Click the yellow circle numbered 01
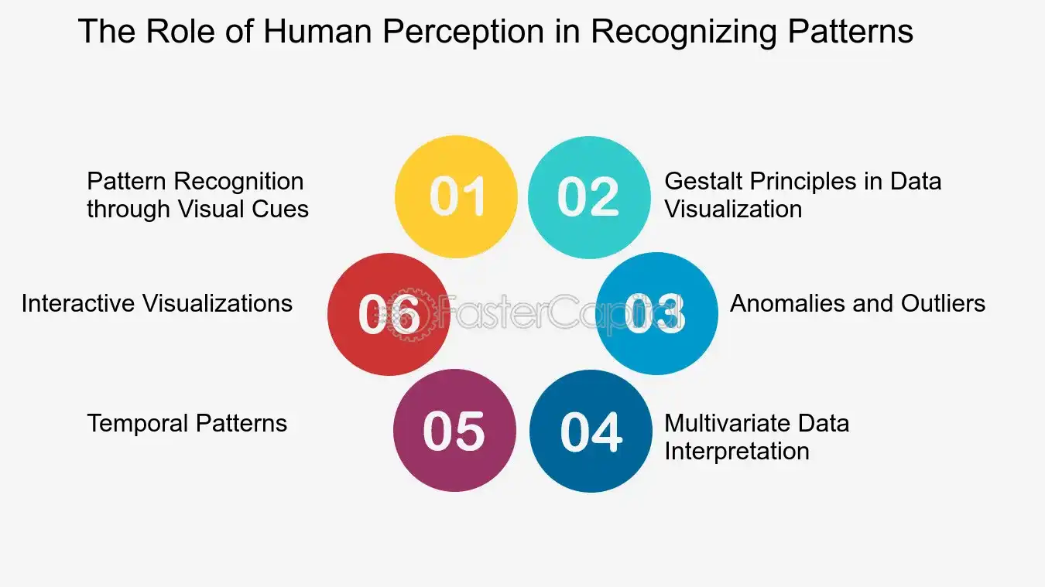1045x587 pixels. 456,196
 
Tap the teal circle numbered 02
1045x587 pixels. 589,197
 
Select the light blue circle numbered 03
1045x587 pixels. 657,313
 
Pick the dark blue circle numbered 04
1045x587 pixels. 591,431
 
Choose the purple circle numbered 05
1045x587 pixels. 454,430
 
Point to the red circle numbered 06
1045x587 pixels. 389,314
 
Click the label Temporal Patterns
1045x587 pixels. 187,423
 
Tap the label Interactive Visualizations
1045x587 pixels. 156,303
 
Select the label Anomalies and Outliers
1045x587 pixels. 858,303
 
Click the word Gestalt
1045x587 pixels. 704,181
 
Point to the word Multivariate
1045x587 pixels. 728,423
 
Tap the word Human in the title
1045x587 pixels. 317,31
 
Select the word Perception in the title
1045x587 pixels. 463,32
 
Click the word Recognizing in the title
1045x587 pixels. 684,32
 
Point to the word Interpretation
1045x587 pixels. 737,452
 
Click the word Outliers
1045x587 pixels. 943,303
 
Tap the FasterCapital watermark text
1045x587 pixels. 560,312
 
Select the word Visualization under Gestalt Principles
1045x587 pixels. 733,209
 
